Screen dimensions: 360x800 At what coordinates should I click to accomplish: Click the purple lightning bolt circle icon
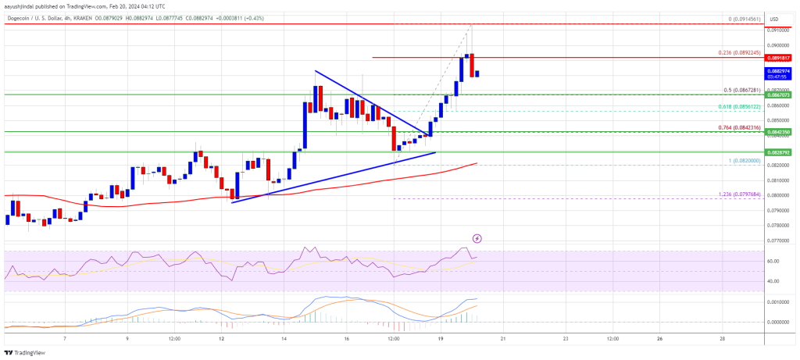click(x=477, y=237)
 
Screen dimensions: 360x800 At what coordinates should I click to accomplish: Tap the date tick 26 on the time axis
click(x=659, y=338)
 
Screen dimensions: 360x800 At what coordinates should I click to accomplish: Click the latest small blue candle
click(x=477, y=73)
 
